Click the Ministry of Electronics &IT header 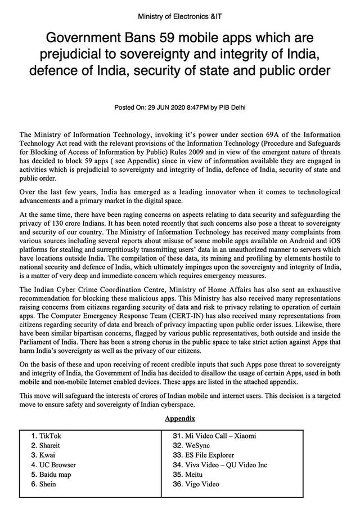tap(180, 17)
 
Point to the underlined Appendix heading tap(180, 419)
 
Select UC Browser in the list tap(57, 465)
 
